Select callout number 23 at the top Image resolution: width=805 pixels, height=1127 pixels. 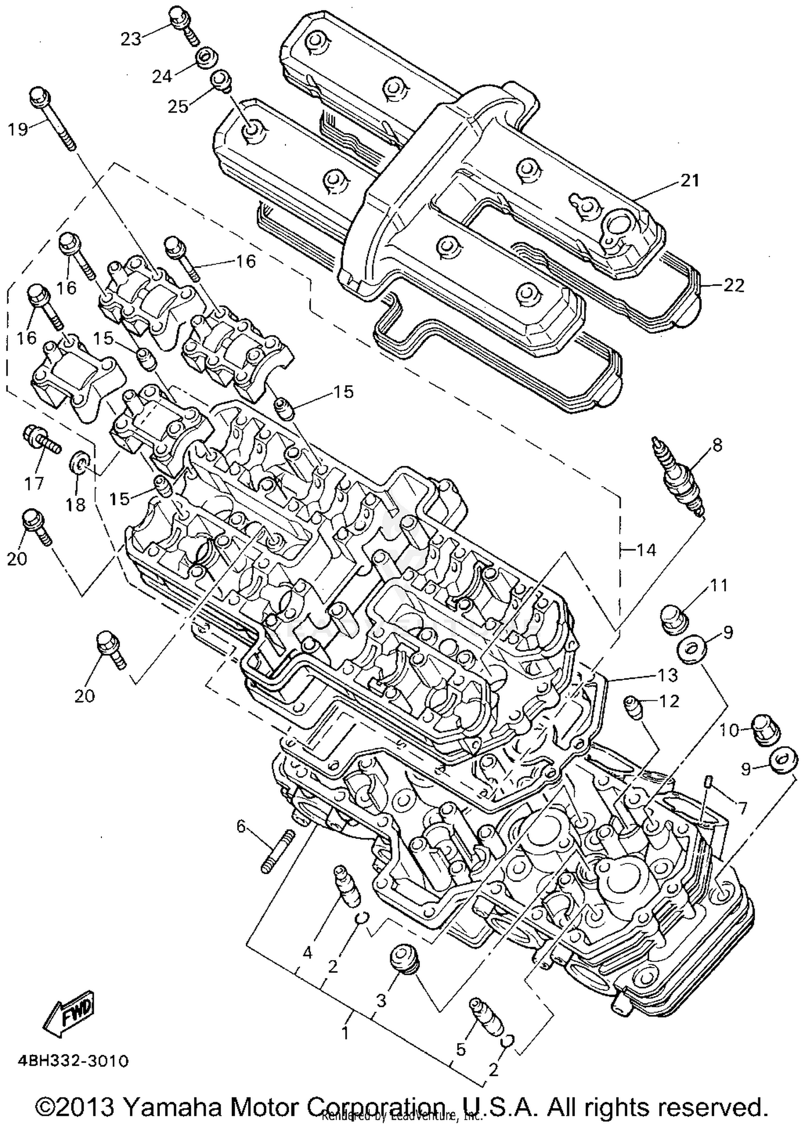coord(130,39)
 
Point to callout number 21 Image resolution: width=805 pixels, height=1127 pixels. coord(690,181)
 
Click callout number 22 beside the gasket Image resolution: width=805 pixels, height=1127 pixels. coord(734,286)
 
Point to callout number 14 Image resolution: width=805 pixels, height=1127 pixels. coord(646,550)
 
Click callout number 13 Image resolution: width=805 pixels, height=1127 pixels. coord(668,675)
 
